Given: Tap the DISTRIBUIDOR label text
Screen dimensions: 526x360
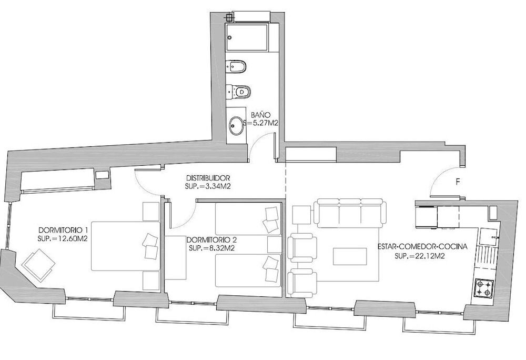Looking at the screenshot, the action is coord(208,178).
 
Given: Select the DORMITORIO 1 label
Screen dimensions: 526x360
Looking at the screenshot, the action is coord(64,231).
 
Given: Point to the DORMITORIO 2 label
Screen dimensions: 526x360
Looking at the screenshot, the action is coord(211,240).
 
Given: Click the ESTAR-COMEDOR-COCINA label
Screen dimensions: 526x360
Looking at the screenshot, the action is coord(423,247).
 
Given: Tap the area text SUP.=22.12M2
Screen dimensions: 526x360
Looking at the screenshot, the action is coord(420,256).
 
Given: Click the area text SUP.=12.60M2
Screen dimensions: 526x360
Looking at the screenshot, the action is coord(63,239).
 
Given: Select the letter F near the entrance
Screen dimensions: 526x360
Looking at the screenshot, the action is coord(458,182).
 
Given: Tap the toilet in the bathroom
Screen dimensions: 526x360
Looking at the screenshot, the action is coord(238,91).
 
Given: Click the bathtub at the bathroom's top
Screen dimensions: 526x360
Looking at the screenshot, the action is coord(247,37).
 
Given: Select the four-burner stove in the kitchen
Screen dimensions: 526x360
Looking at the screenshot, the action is coord(483,288).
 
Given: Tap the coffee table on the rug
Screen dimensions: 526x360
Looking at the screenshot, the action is coord(350,257).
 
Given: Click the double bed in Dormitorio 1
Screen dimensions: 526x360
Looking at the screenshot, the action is coord(126,246).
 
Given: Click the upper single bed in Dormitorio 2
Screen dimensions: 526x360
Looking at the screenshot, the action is coord(248,219).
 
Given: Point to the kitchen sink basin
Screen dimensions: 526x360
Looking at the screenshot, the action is coord(488,236).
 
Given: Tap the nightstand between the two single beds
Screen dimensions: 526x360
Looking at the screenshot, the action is coord(275,244).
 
